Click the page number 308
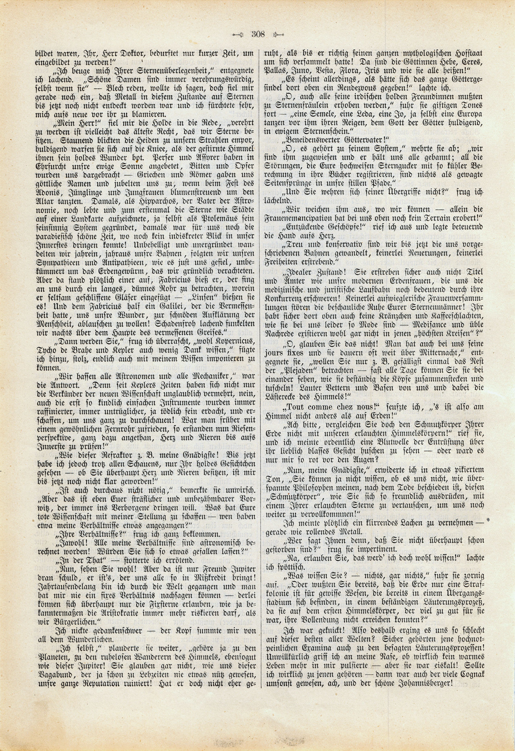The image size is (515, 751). point(258,34)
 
